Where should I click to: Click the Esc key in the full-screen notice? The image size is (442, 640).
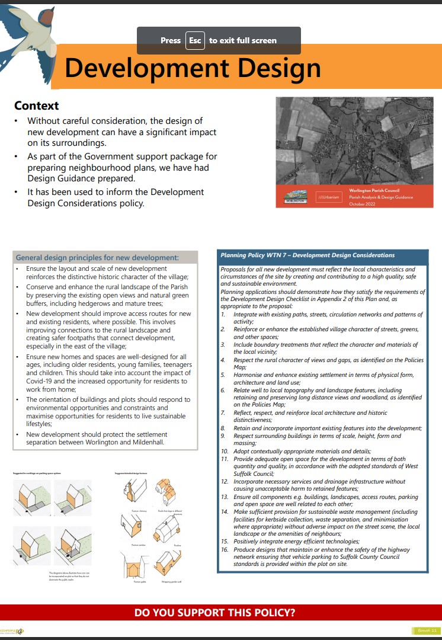(195, 40)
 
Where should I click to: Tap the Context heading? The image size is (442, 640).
(37, 105)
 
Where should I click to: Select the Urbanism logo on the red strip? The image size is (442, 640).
(328, 197)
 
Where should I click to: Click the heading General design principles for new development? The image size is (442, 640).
(97, 258)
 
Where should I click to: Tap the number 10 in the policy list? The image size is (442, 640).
(225, 452)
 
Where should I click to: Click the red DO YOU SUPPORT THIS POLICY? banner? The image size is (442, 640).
(215, 612)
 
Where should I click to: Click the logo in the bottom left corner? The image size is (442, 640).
(12, 630)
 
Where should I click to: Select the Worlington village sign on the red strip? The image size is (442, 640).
(294, 197)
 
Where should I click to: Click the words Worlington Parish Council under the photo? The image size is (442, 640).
(374, 190)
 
